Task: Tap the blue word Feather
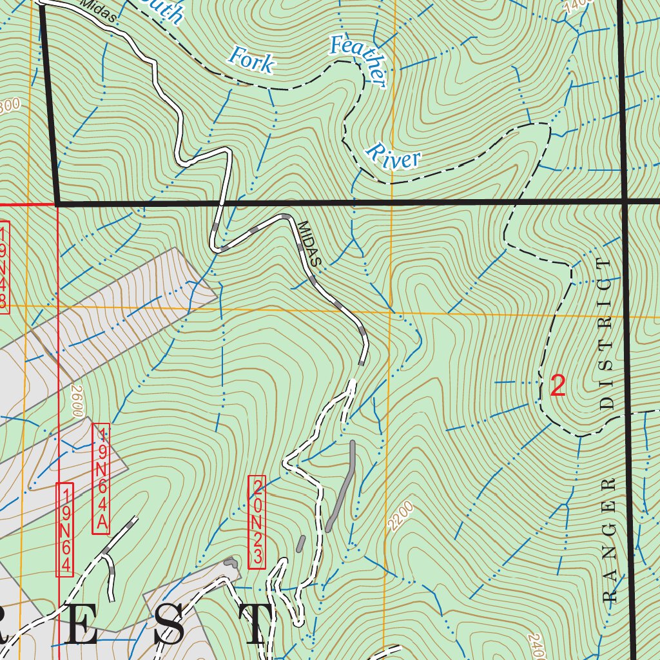pos(358,61)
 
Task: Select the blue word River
pos(393,157)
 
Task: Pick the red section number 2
pos(558,386)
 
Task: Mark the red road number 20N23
pos(257,522)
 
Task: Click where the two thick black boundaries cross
pos(625,202)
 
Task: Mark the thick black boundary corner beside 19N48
pos(58,204)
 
